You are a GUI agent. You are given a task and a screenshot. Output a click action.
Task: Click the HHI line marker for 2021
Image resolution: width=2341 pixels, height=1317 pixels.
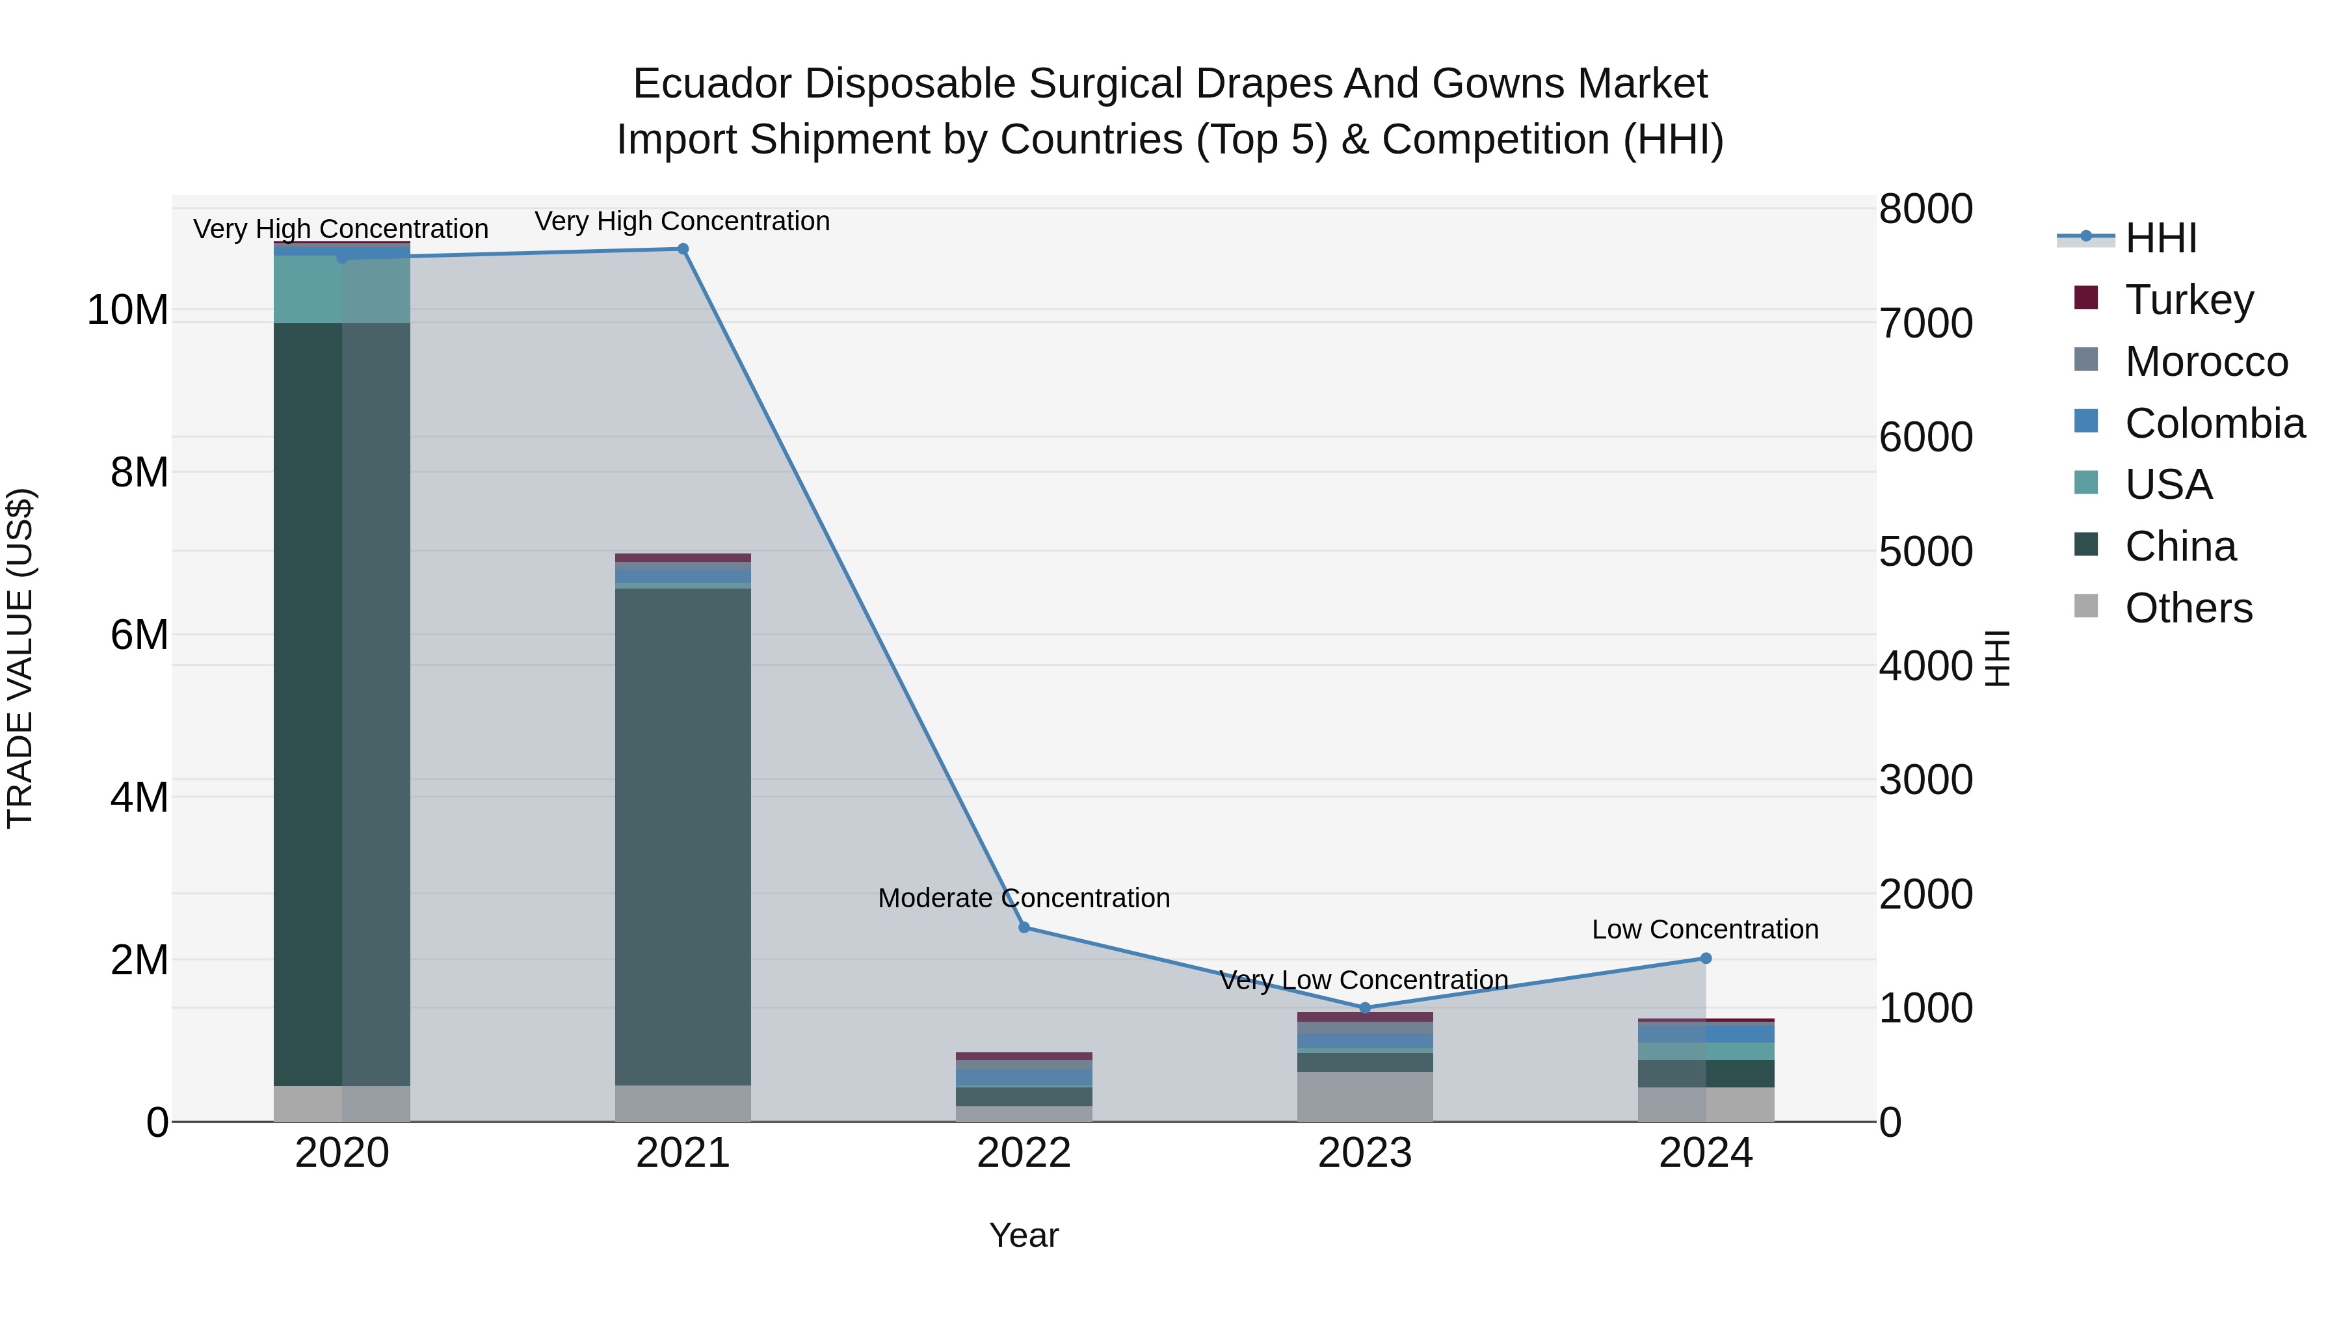(x=683, y=249)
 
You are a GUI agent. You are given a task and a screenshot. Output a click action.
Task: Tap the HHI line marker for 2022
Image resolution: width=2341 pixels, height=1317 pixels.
(x=1024, y=927)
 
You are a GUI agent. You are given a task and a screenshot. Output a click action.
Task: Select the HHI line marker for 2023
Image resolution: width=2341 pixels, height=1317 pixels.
(x=1365, y=1008)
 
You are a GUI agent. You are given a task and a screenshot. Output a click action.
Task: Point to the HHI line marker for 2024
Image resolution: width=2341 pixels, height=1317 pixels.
(x=1706, y=958)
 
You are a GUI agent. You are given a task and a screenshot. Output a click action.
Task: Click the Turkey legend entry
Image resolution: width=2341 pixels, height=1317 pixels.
(x=2188, y=299)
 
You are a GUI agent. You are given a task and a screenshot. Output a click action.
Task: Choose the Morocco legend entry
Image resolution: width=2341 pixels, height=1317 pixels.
(x=2206, y=361)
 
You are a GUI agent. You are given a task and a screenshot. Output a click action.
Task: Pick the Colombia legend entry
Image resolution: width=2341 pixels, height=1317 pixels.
(x=2214, y=423)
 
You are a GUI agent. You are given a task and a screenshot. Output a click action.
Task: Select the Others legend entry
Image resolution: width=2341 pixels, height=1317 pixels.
(x=2188, y=607)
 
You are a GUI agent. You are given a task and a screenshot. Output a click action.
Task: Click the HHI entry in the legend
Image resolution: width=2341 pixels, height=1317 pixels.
(x=2160, y=238)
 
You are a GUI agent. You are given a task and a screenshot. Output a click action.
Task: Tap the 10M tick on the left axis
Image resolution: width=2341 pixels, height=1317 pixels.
(x=127, y=310)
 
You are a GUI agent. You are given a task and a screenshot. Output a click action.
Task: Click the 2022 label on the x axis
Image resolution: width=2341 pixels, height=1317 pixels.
(x=1024, y=1153)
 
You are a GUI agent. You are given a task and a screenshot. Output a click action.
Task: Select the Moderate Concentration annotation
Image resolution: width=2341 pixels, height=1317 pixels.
(x=1024, y=898)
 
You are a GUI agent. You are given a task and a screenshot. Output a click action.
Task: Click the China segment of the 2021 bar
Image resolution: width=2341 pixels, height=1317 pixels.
(x=683, y=836)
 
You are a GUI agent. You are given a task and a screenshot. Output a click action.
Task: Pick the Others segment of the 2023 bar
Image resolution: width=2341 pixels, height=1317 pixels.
(x=1365, y=1095)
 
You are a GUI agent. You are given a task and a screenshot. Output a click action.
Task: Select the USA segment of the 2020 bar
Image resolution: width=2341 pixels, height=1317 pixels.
(x=341, y=289)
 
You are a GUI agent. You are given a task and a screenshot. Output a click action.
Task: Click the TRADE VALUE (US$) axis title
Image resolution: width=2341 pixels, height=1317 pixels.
(x=20, y=658)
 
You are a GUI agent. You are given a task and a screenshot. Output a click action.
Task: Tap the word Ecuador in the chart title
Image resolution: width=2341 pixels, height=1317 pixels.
(x=713, y=84)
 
